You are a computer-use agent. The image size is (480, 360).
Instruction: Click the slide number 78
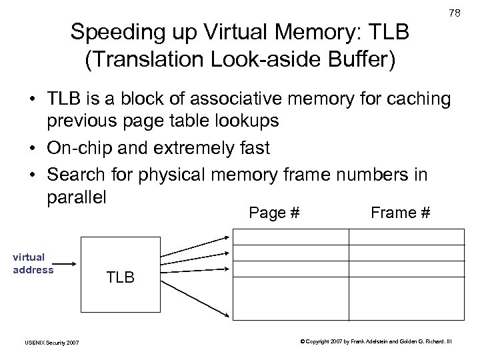tap(455, 13)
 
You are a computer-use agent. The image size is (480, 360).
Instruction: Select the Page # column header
tap(274, 213)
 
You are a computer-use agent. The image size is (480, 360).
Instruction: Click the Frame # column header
tap(400, 213)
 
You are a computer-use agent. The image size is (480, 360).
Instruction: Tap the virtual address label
tap(32, 263)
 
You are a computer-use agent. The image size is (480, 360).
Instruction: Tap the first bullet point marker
tap(32, 100)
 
